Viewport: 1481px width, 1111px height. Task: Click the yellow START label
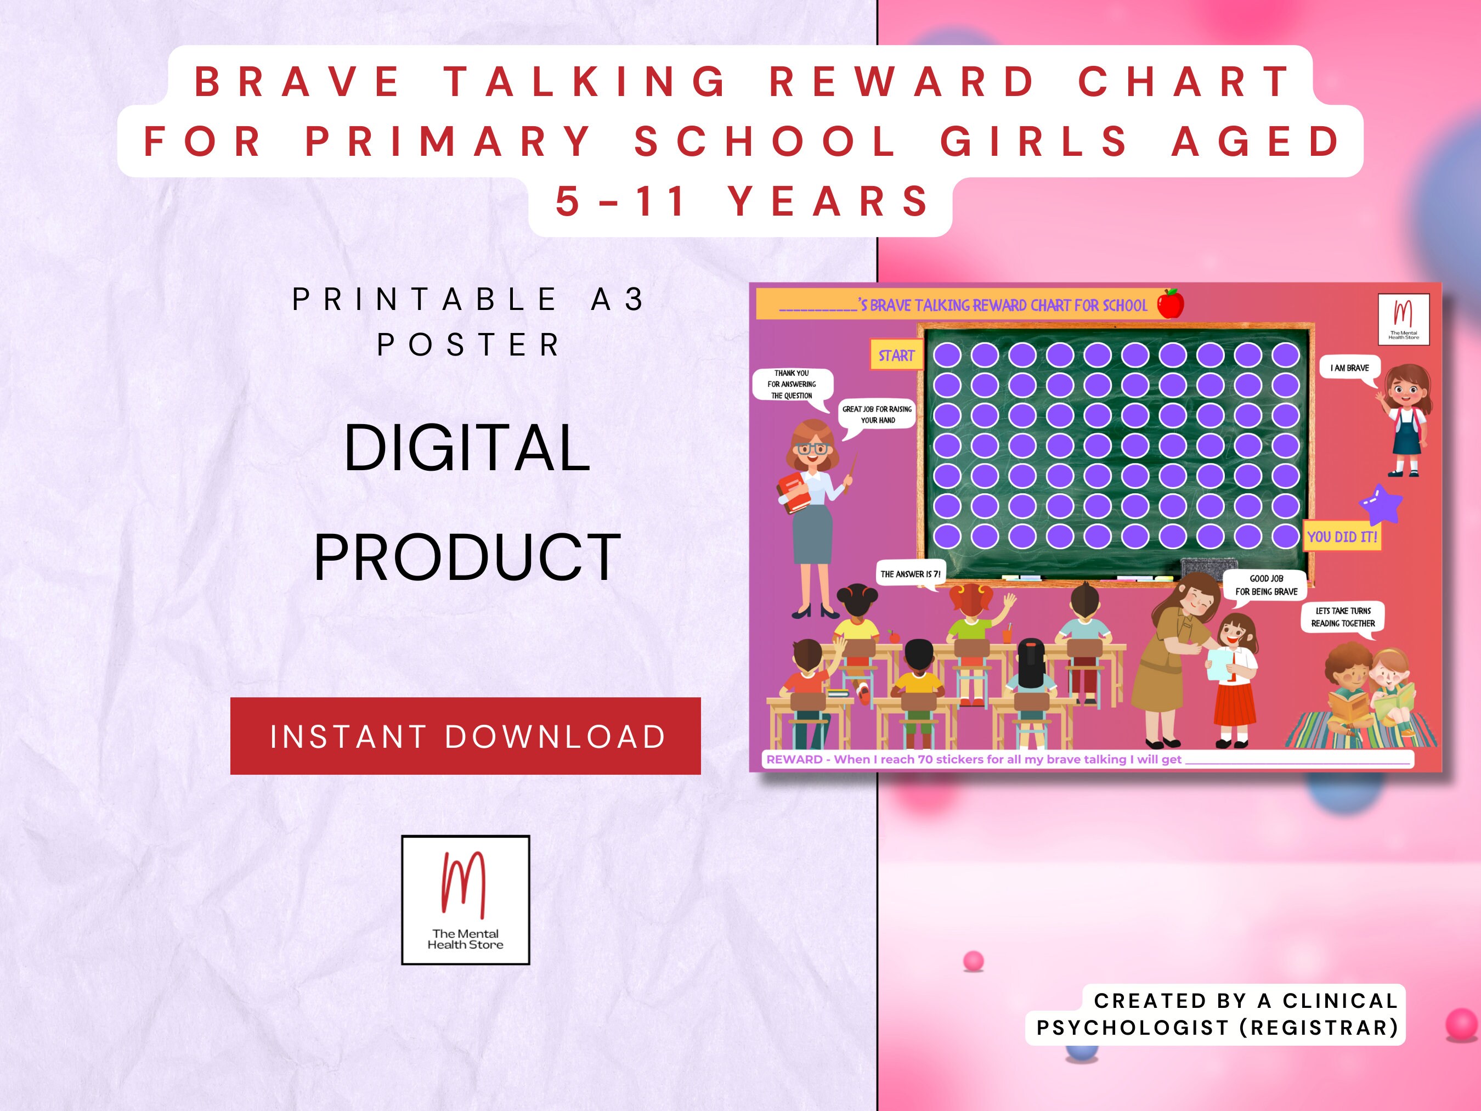(896, 356)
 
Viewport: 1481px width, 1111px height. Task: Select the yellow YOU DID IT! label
(1342, 537)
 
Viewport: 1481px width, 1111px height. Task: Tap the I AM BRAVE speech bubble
(1349, 368)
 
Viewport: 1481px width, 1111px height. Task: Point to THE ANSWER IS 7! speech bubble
(911, 574)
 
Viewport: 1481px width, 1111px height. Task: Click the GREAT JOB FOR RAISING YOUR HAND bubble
(877, 415)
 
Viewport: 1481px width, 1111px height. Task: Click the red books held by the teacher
(793, 493)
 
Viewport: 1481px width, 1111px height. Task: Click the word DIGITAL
(467, 448)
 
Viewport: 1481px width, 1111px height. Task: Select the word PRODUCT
(467, 557)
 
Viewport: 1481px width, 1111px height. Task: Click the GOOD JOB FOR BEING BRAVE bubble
(1265, 585)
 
